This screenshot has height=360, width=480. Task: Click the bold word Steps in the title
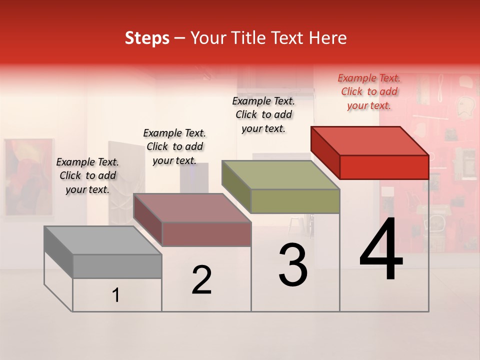pyautogui.click(x=147, y=38)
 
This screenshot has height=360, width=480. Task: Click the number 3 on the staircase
pyautogui.click(x=293, y=265)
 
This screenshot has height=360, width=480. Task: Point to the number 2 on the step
pyautogui.click(x=201, y=280)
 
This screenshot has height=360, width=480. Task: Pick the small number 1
pyautogui.click(x=116, y=295)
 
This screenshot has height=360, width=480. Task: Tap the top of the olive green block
pyautogui.click(x=280, y=174)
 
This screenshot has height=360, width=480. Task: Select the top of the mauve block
pyautogui.click(x=192, y=207)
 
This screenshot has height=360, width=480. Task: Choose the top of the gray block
pyautogui.click(x=103, y=240)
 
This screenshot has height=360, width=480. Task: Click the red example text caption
pyautogui.click(x=369, y=91)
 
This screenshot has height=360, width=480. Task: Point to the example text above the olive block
pyautogui.click(x=263, y=114)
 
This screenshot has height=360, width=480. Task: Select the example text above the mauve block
pyautogui.click(x=174, y=146)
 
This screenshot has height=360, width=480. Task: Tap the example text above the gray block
pyautogui.click(x=87, y=175)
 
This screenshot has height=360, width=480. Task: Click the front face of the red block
pyautogui.click(x=384, y=167)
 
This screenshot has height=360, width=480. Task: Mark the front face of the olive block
pyautogui.click(x=295, y=201)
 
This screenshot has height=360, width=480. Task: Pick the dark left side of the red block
pyautogui.click(x=325, y=152)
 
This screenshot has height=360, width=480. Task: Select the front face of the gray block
pyautogui.click(x=117, y=266)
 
